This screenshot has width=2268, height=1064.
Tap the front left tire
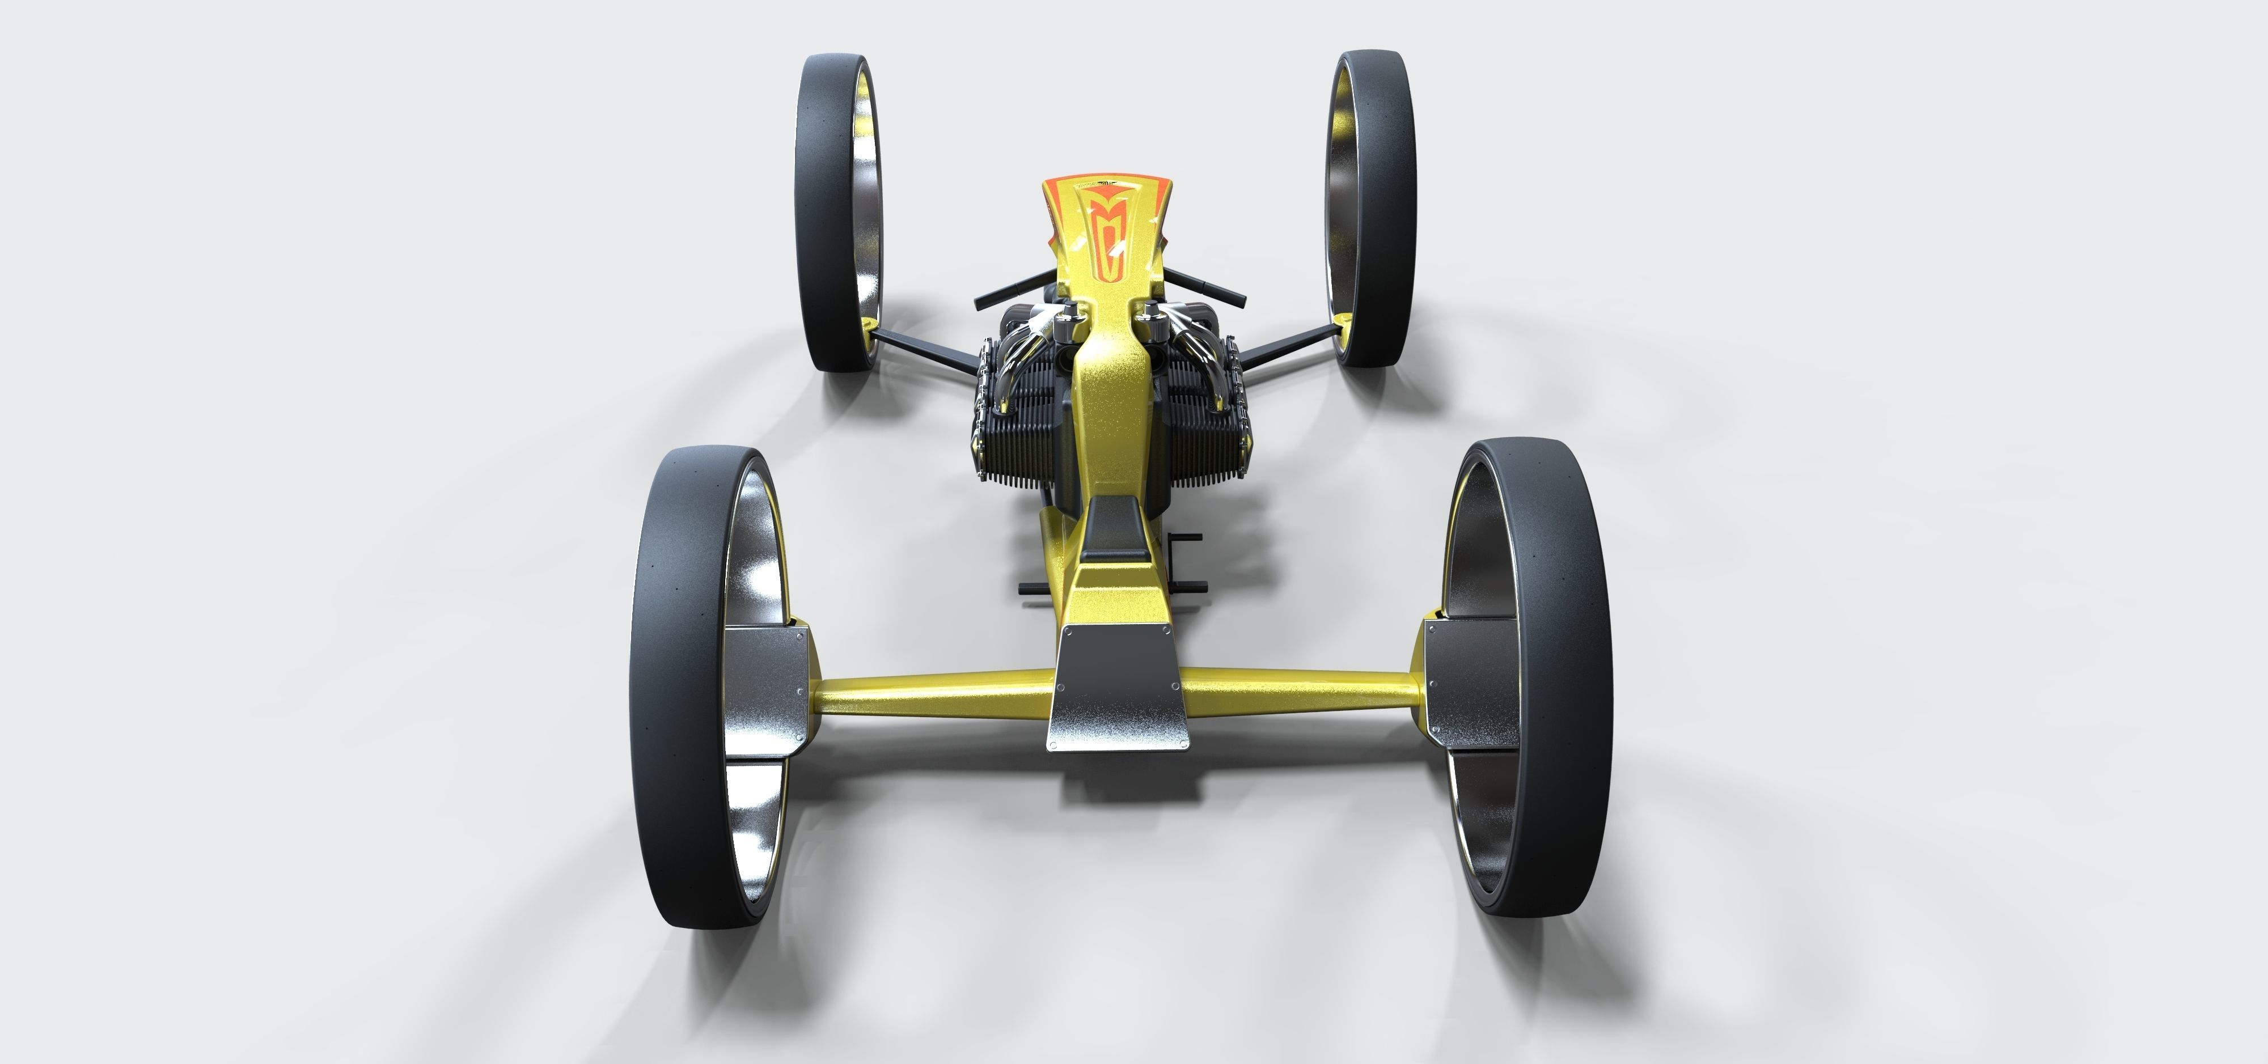click(x=823, y=211)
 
